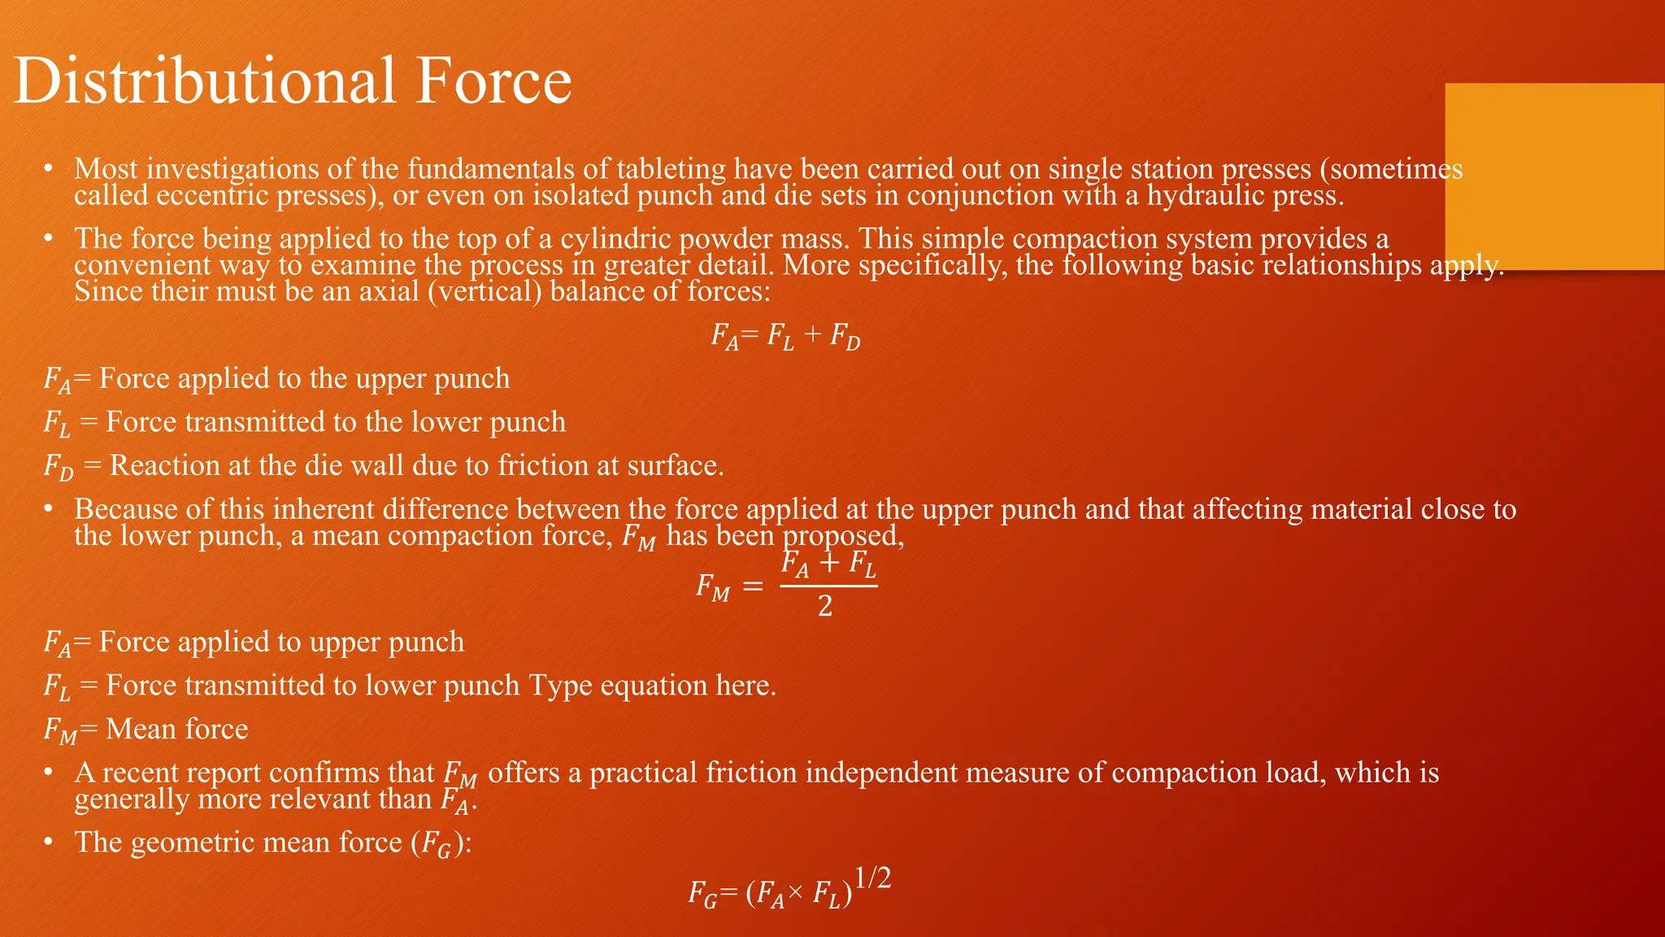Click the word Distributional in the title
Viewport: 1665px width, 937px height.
204,81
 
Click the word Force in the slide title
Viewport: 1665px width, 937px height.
493,81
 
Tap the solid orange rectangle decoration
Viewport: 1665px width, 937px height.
1554,176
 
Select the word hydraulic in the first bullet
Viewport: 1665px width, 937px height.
1211,195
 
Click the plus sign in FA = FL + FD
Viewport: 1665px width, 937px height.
812,335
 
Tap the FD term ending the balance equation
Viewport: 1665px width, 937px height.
845,337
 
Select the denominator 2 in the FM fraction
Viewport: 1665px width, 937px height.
825,607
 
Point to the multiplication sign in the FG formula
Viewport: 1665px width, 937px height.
796,895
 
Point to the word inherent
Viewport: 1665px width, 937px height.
331,509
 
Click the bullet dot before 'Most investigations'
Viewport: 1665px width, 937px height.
49,169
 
